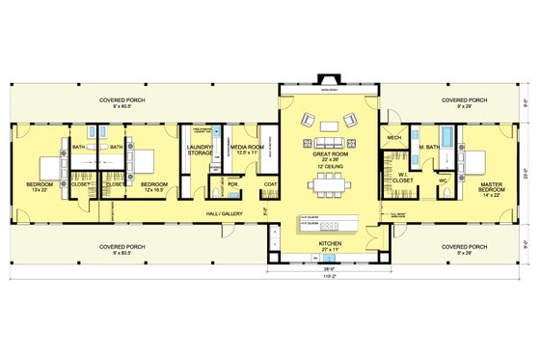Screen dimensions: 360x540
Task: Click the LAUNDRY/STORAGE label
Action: [x=201, y=149]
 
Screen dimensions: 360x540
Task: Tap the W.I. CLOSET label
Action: [x=398, y=177]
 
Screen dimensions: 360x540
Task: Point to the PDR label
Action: [x=232, y=183]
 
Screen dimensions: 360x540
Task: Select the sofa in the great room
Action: [x=328, y=124]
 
